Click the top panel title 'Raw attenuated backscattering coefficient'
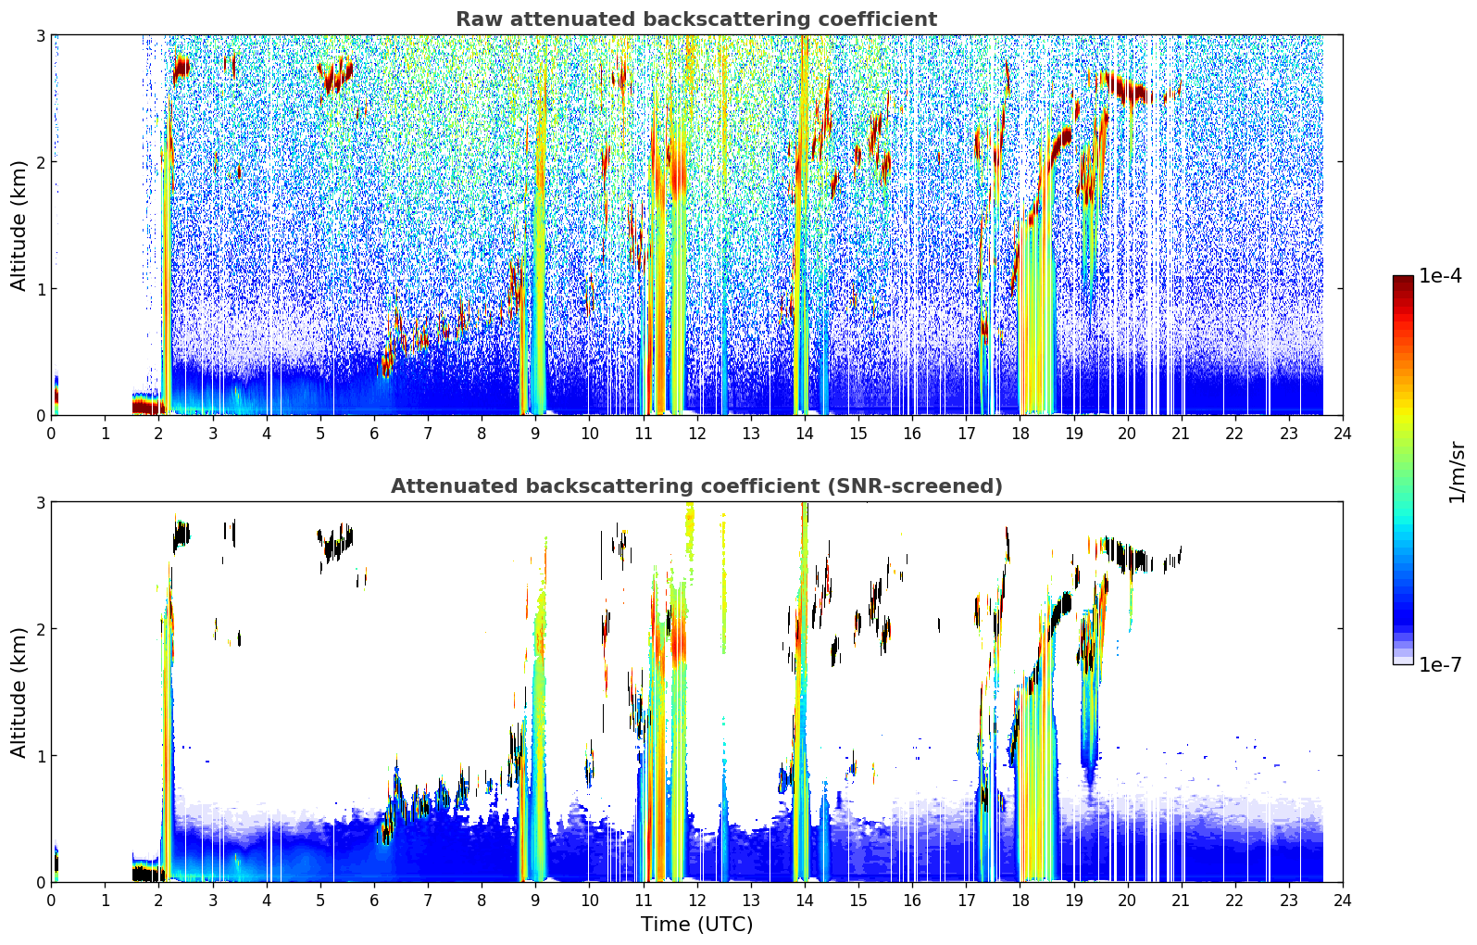point(696,19)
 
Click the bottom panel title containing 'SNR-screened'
point(696,485)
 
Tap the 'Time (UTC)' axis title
point(696,924)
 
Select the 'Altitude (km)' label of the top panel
point(19,226)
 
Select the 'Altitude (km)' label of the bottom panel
point(19,692)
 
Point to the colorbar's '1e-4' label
point(1440,275)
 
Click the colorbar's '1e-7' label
point(1440,664)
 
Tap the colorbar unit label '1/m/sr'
point(1457,472)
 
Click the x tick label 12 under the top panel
point(697,434)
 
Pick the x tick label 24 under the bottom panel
point(1343,901)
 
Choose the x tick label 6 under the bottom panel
point(374,901)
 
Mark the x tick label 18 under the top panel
point(1020,434)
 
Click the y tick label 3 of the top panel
point(40,35)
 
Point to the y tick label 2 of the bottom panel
point(40,629)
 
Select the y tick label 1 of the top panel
point(40,288)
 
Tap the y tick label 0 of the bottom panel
point(40,882)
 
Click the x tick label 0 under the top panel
point(52,434)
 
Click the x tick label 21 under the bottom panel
point(1181,901)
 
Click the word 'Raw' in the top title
point(480,19)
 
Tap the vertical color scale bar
point(1403,470)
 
